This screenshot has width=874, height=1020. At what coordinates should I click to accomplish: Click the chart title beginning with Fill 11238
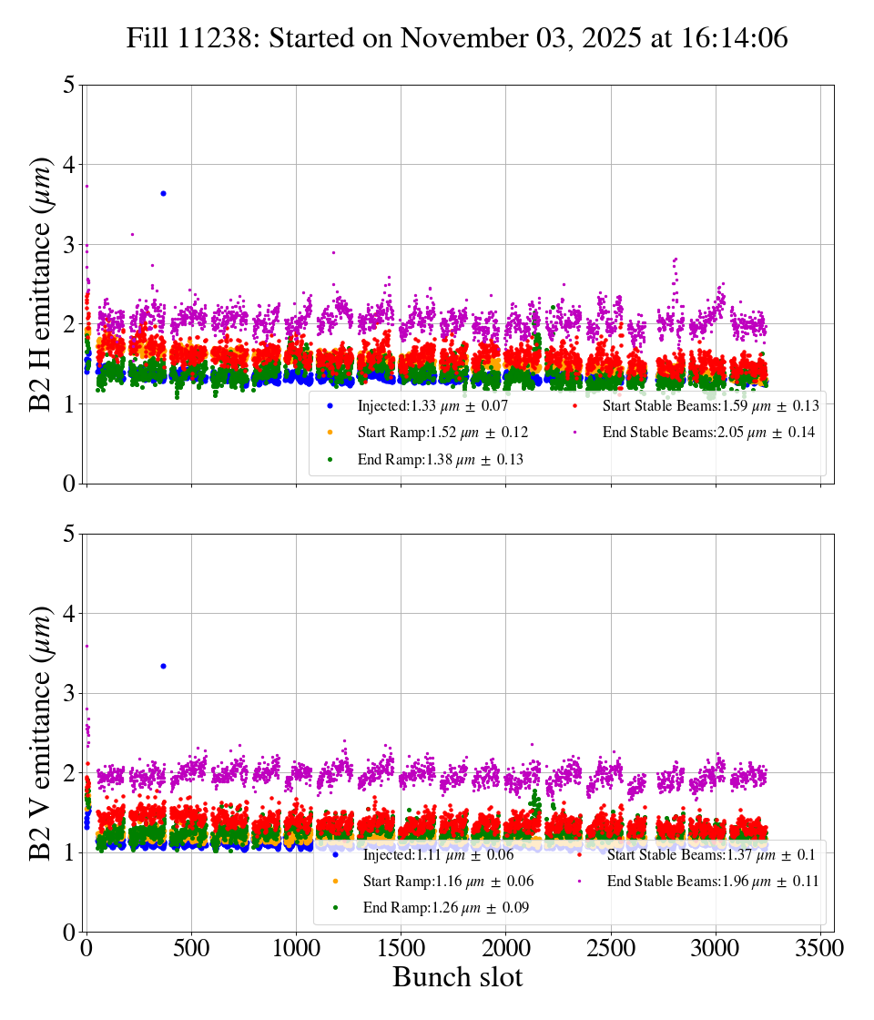457,37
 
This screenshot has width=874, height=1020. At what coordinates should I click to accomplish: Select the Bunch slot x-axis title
458,977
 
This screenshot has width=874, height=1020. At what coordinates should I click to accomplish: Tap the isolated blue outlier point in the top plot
163,193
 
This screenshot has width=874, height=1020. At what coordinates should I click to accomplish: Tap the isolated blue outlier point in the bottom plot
163,666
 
